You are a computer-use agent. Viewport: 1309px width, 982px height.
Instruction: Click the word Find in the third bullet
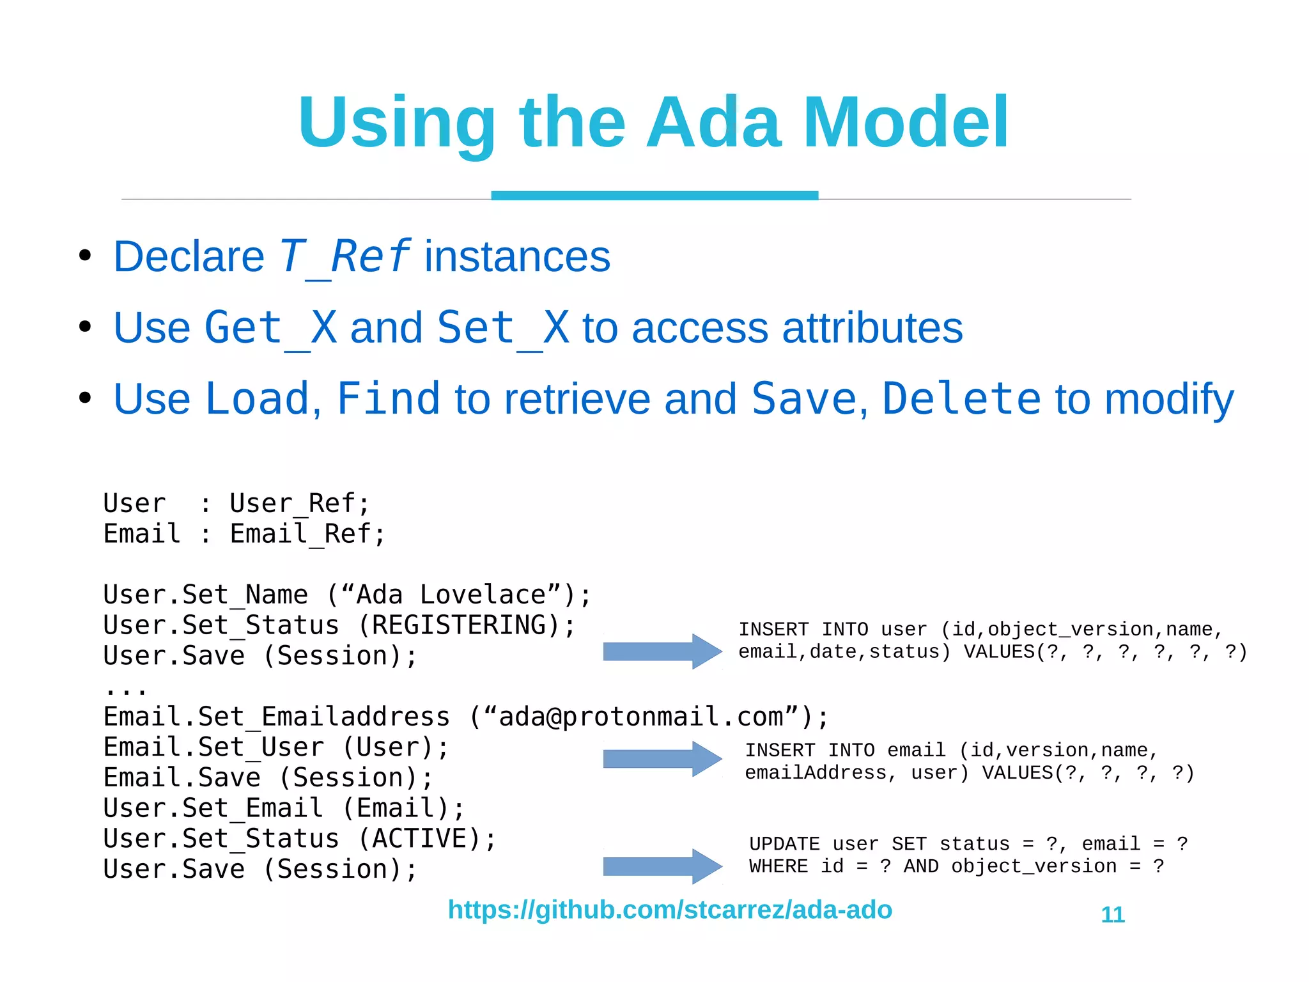[x=388, y=399]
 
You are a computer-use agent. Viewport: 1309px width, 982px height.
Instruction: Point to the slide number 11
[x=1113, y=914]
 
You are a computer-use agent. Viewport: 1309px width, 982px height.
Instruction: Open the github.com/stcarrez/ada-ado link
[x=670, y=909]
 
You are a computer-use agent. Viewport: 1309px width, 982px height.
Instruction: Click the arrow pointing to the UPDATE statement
[x=662, y=866]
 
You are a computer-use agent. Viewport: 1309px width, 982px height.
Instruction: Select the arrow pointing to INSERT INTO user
[x=662, y=651]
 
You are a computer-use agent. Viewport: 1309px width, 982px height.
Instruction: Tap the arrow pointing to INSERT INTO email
[x=662, y=759]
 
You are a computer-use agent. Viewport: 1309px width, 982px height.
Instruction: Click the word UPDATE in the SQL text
[x=784, y=844]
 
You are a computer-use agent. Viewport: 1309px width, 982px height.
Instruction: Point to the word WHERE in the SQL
[x=778, y=866]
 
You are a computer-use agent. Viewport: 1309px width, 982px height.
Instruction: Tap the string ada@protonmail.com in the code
[x=640, y=717]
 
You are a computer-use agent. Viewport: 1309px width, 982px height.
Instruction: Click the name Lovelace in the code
[x=483, y=595]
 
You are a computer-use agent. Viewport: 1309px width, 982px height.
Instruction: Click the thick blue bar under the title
[x=654, y=195]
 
